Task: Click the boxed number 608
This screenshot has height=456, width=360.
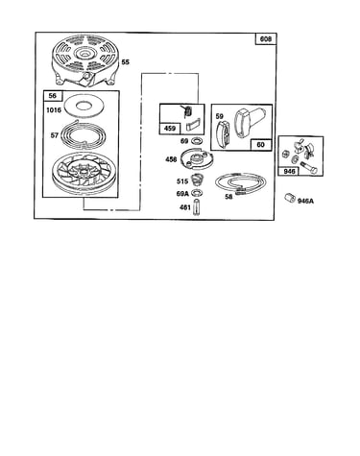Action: coord(266,38)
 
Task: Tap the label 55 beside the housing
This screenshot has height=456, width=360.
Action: coord(126,62)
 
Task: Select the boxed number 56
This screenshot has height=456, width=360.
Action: coord(53,96)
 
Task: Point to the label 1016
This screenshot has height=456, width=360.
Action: coord(54,110)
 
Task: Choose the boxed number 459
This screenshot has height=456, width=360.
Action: coord(169,129)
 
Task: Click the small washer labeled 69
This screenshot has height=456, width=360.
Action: coord(195,141)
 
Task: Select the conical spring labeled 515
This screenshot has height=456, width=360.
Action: coord(196,180)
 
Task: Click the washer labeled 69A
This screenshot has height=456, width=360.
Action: coord(196,193)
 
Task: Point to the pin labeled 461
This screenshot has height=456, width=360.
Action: coord(196,208)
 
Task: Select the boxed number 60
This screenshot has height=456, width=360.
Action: coord(261,145)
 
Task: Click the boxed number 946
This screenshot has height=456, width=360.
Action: coord(290,171)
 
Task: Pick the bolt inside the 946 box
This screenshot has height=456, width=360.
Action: coord(308,168)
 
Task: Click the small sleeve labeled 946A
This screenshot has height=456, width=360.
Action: coord(290,198)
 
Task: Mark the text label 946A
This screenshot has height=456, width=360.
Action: coord(305,201)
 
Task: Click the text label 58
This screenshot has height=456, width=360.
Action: coord(228,197)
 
